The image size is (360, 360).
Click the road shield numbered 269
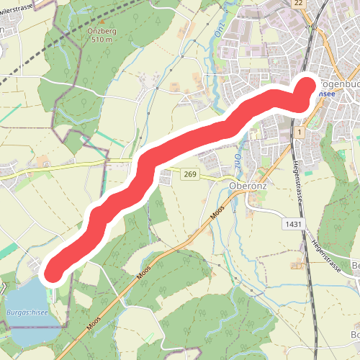pos(190,174)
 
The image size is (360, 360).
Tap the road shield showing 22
pos(298,4)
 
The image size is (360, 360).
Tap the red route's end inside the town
pos(307,86)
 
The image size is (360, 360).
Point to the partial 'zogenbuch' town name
pos(338,83)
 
